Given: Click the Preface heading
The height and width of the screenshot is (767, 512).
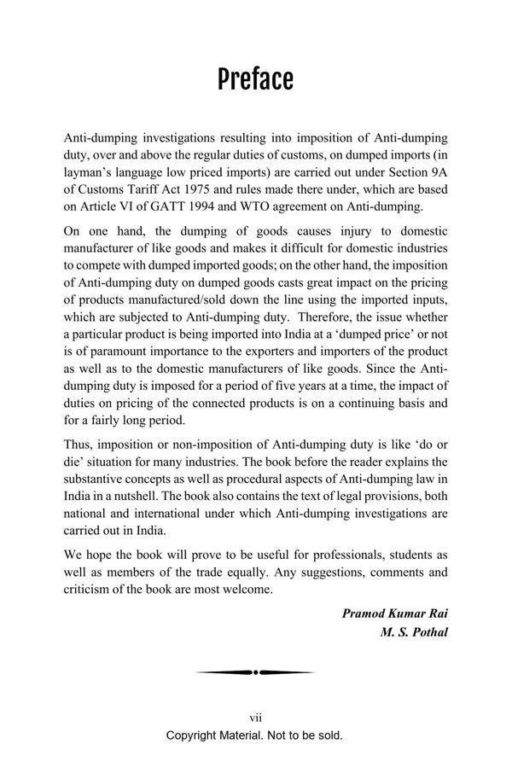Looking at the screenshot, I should coord(255,78).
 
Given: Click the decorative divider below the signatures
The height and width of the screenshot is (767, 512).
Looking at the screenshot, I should coord(255,673).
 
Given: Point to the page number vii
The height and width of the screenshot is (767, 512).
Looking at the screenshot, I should coord(254,719).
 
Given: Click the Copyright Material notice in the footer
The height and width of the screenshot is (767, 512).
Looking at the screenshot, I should coord(254,735).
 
